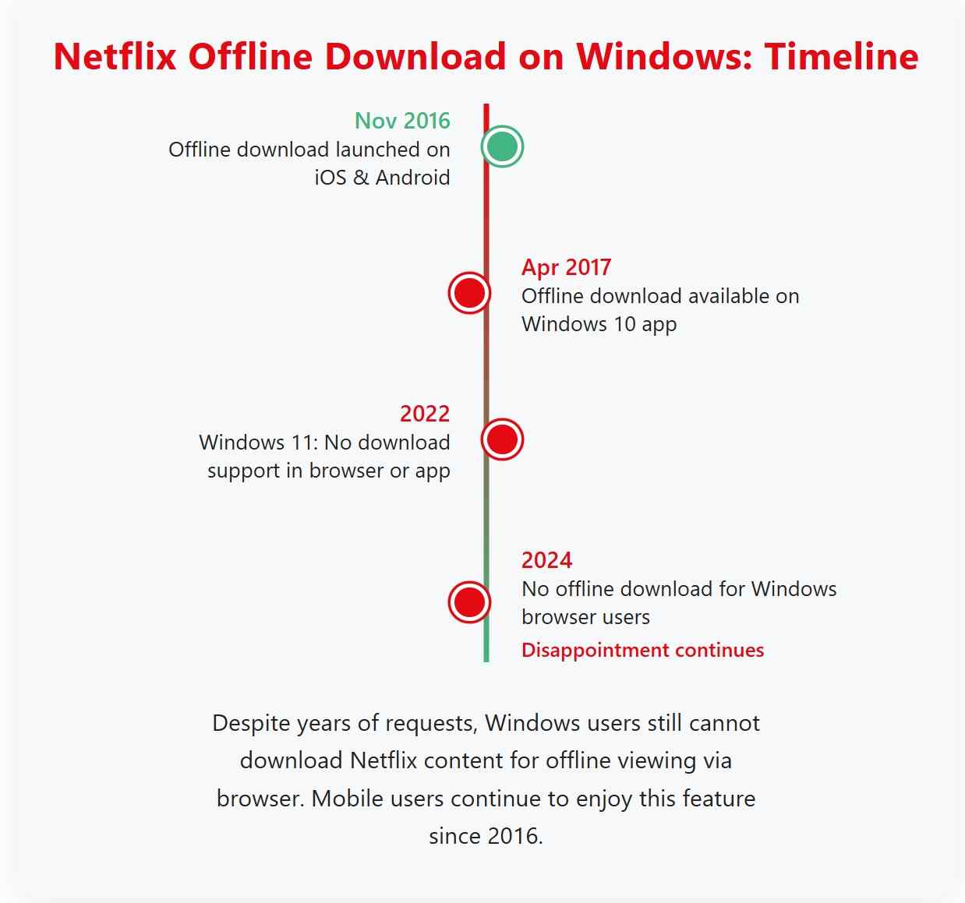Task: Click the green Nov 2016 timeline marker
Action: (502, 146)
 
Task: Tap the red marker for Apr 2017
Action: (469, 293)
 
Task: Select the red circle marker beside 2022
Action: (502, 439)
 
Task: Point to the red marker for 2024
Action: (469, 602)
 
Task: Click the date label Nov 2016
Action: (402, 121)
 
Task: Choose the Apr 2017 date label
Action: (566, 267)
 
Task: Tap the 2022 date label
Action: (425, 414)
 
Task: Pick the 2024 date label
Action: (546, 560)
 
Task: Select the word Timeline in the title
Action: (841, 57)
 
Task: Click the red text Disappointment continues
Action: (642, 650)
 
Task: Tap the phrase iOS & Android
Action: (382, 178)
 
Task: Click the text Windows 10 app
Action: (599, 324)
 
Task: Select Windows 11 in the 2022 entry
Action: (258, 443)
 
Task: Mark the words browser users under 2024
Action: (585, 617)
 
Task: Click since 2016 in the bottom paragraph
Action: (485, 836)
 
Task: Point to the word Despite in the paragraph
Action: (251, 723)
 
